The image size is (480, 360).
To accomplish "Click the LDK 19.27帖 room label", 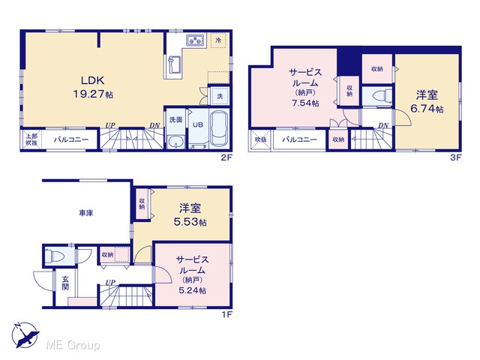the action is coord(93,87).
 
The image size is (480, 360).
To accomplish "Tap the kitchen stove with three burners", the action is coord(196,40).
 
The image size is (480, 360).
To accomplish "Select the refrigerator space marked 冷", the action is coord(218,40).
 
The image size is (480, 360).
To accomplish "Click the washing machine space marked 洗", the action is coord(220,96).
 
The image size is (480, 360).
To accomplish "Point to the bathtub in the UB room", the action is coord(218,130).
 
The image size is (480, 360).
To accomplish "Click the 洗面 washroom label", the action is coord(175,120).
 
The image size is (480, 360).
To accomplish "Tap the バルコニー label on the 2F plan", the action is coord(71,139).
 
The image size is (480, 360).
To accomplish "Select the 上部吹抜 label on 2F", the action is coord(31,139).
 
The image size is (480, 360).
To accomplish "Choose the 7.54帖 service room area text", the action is coord(305,103).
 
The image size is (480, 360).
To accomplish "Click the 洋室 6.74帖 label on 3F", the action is coord(427,101).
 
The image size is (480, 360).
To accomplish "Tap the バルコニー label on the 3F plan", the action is coord(299,139).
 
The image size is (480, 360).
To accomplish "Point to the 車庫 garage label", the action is coord(86,213).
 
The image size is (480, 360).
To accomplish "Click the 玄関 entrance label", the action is coord(65,283).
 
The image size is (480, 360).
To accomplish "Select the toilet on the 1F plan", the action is coord(55,255).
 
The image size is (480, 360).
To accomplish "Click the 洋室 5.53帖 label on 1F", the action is coord(190,214).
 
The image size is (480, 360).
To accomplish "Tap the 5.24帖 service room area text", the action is coord(192,290).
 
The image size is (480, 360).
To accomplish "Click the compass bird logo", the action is coord(25,335).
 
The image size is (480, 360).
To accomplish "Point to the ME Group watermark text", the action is coord(73,345).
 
